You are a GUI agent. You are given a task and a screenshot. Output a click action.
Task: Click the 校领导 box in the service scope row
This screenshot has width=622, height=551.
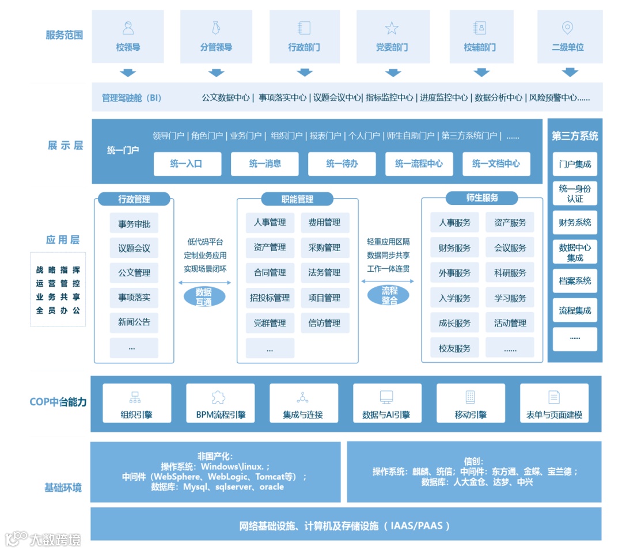[128, 36]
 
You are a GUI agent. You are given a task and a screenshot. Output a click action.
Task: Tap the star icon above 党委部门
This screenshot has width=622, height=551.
[392, 28]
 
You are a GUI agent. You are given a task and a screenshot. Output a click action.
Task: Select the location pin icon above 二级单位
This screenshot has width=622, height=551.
[567, 28]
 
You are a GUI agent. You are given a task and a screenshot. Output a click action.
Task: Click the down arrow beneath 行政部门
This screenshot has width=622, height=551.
[305, 73]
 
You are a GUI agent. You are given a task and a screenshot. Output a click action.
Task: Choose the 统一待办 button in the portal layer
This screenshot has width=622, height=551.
[342, 164]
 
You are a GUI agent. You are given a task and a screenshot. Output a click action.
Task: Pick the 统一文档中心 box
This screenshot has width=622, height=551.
[496, 164]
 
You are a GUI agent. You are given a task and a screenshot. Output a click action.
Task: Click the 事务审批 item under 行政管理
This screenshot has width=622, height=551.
[134, 224]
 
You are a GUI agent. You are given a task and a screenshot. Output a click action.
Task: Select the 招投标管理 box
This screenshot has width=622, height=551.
[270, 298]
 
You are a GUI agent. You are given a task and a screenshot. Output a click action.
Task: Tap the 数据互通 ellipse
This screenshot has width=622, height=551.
[203, 297]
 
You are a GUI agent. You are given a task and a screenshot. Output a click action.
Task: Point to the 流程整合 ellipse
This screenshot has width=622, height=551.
[389, 295]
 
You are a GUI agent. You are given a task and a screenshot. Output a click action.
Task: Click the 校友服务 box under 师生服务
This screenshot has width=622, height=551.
[454, 348]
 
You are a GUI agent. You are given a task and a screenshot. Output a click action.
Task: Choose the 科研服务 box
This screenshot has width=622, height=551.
[510, 273]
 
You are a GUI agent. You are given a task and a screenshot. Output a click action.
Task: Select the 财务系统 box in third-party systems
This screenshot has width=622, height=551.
[575, 222]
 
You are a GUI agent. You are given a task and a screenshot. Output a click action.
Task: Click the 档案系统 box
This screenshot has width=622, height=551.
[575, 281]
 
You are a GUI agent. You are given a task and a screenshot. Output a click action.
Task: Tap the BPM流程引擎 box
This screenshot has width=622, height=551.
[221, 403]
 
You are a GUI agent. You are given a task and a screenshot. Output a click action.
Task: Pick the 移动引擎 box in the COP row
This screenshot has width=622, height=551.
[471, 403]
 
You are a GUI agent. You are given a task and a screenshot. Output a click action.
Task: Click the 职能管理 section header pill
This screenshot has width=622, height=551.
[297, 199]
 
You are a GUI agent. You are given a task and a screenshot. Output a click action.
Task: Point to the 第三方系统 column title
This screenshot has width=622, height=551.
[575, 136]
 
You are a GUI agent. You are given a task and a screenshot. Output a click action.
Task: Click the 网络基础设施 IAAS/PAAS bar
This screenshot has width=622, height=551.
[346, 525]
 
